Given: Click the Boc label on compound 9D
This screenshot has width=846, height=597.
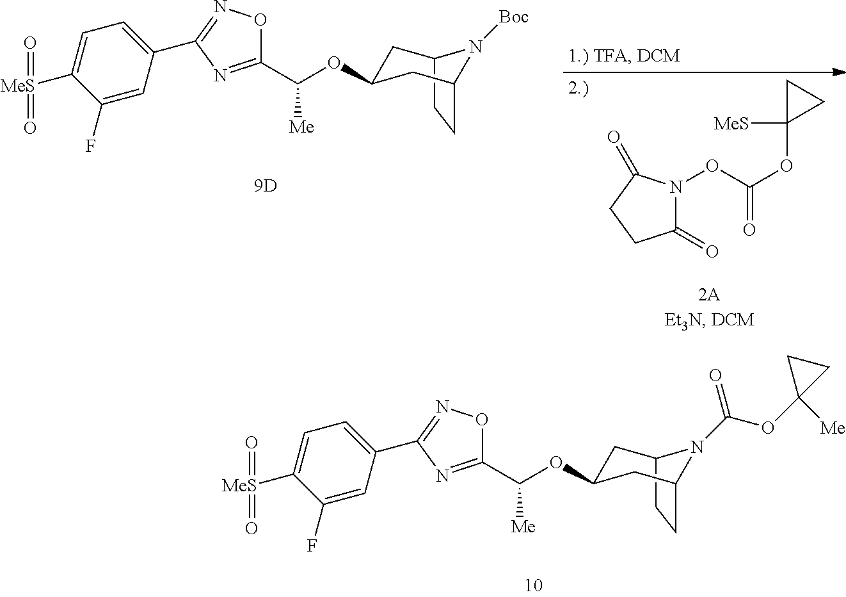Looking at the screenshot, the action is coord(513,17).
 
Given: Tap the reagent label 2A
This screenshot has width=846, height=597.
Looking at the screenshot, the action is coord(708,295).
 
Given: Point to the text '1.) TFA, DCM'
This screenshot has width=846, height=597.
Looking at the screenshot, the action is coord(624,56).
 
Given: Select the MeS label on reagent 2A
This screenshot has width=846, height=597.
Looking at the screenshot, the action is coord(730,124).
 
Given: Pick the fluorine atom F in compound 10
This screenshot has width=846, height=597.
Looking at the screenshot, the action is coord(312,546).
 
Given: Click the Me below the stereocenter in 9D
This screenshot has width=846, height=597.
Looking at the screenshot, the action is coord(301,127).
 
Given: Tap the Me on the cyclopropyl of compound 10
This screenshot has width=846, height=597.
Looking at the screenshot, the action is coord(833,427).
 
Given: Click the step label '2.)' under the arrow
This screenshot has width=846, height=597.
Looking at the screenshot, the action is coord(579,90).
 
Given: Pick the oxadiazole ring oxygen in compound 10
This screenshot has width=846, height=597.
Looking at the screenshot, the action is coord(482,420).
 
